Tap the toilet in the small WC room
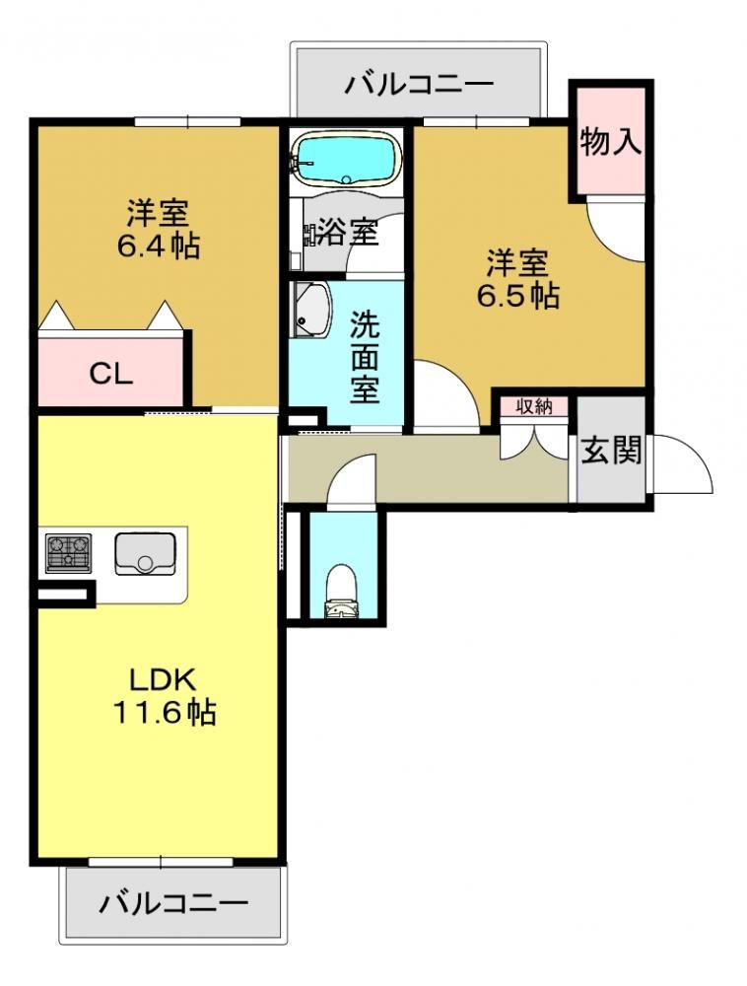coord(342,592)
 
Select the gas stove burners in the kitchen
coord(68,553)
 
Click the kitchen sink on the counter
coord(145,553)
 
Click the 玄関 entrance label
coord(611,451)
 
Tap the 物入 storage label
coord(611,141)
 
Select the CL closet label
coord(110,375)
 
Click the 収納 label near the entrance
coord(534,406)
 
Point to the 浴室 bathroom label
coord(348,232)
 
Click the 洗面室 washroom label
coord(365,357)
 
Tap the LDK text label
coord(164,679)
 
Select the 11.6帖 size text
coord(165,713)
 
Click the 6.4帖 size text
coord(159,246)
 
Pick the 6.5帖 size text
coord(517,294)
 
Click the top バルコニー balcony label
coord(419,84)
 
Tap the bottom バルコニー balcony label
coord(173,903)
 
